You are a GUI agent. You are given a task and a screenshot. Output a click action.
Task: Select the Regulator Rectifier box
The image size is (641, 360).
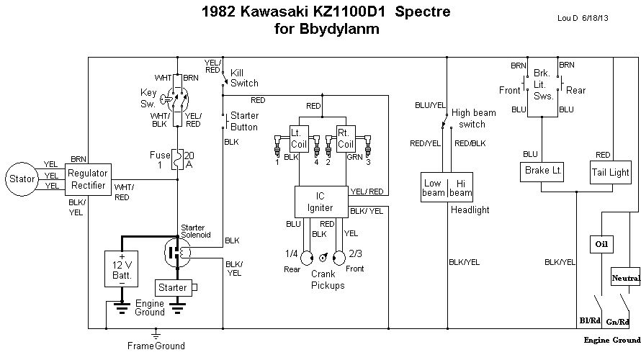tap(87, 179)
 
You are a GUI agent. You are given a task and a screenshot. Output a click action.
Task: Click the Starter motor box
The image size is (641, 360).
tap(172, 287)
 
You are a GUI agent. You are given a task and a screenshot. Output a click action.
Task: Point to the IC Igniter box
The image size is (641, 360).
tap(320, 202)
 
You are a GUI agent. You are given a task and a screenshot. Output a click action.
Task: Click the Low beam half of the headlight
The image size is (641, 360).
tap(434, 188)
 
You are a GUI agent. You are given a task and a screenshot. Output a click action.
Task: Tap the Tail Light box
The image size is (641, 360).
tap(610, 172)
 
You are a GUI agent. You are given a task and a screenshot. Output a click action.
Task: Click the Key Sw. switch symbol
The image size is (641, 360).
tap(177, 99)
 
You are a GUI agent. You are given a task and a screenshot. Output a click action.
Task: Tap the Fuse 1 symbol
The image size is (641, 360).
tap(177, 160)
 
